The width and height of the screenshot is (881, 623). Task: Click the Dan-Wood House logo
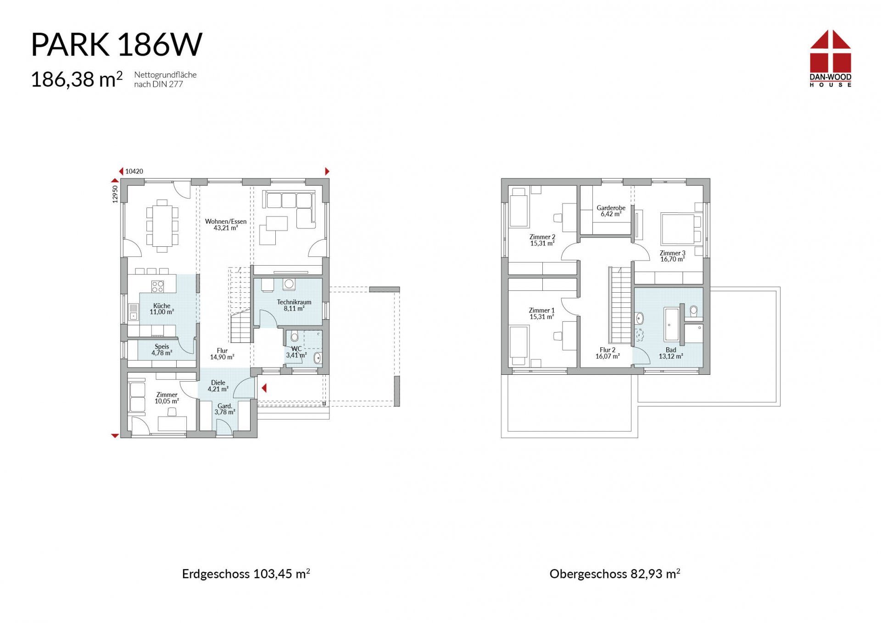[x=830, y=58]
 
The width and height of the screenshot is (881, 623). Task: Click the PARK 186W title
[x=117, y=44]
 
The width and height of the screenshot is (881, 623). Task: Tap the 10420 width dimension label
[x=134, y=172]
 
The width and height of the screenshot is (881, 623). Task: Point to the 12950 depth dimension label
[x=115, y=194]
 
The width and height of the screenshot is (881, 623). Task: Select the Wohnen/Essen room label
[x=226, y=224]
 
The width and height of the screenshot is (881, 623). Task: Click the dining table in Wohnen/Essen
[x=162, y=226]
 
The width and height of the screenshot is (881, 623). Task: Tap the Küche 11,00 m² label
[x=162, y=309]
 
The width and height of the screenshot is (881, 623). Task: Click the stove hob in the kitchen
[x=157, y=287]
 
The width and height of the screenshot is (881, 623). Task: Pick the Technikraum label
[x=294, y=305]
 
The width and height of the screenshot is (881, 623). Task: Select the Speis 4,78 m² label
[x=162, y=350]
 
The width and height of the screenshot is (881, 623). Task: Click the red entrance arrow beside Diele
[x=264, y=389]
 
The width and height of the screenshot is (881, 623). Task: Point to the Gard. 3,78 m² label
[x=225, y=409]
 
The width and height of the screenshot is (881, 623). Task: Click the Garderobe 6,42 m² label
[x=611, y=211]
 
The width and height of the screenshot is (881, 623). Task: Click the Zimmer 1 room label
[x=542, y=313]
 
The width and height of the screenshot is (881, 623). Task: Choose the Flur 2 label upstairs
[x=608, y=353]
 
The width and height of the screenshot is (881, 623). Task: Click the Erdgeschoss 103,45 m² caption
[x=246, y=573]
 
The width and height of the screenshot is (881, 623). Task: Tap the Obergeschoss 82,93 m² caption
[x=615, y=573]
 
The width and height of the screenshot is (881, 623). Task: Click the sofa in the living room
[x=289, y=209]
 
